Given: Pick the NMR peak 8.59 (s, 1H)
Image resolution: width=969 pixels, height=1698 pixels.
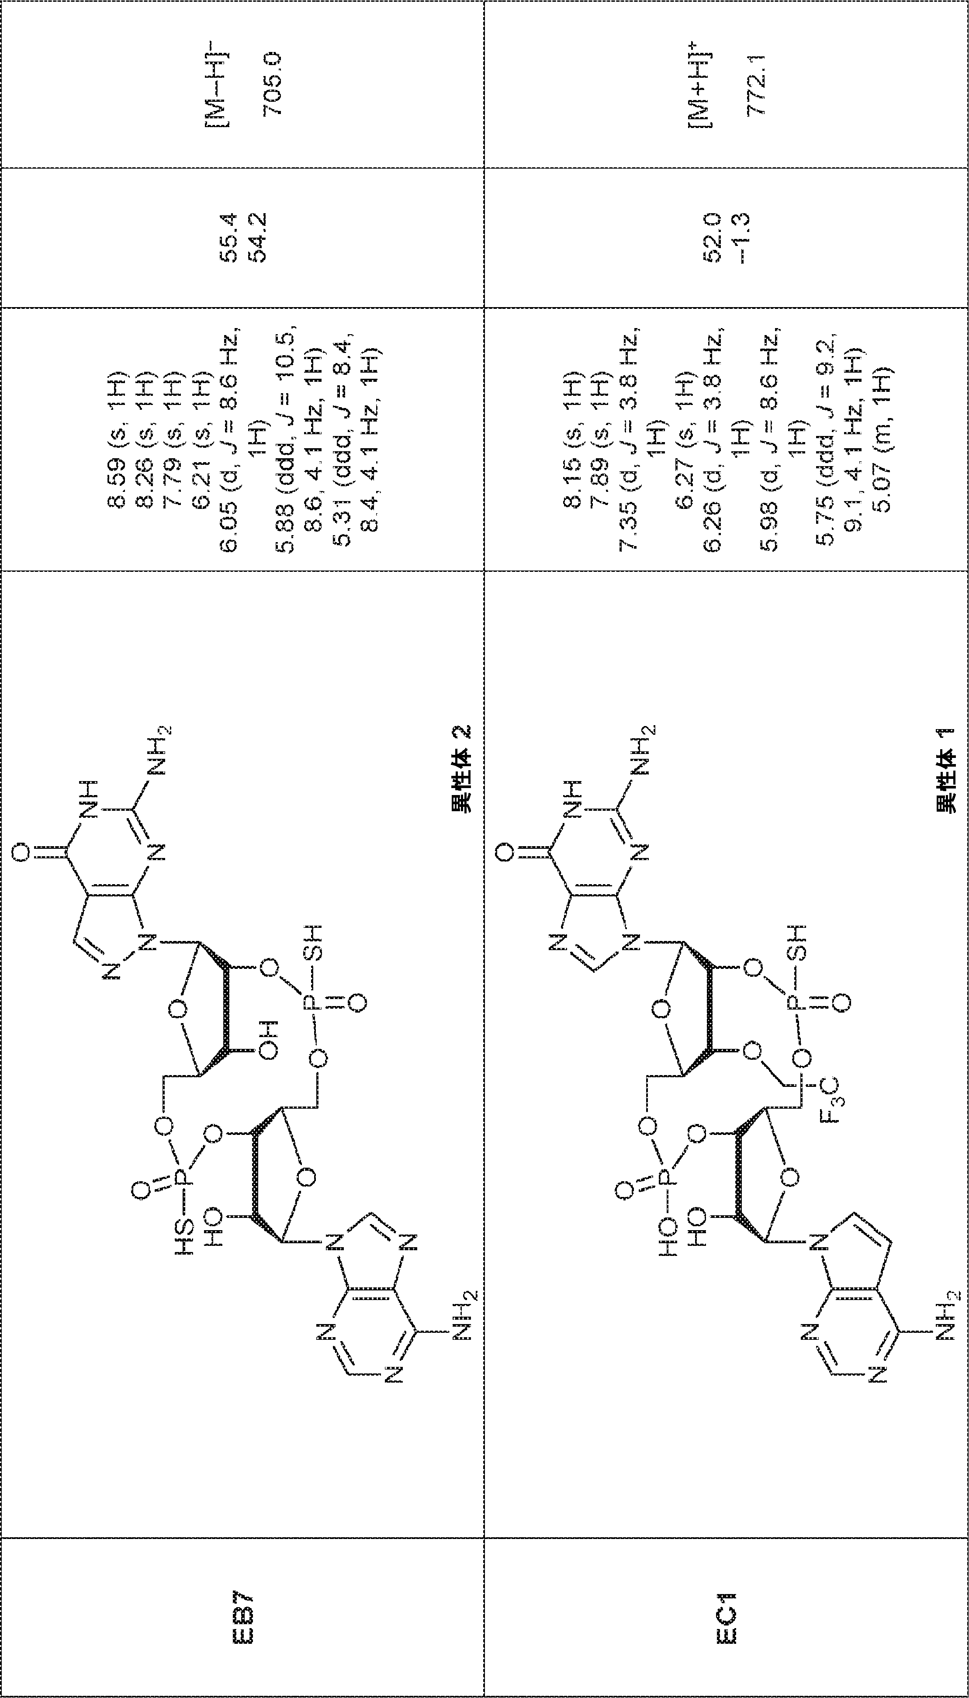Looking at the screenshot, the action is coord(118,439).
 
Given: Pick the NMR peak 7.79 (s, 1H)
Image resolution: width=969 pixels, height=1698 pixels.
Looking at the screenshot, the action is coord(174,439).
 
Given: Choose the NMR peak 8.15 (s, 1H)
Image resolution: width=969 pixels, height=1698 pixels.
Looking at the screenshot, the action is coord(573,439).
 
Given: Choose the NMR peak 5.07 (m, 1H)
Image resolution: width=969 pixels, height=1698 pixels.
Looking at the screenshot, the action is coord(882,439).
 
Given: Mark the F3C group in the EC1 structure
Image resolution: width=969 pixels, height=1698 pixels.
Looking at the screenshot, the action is coord(837,1102).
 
